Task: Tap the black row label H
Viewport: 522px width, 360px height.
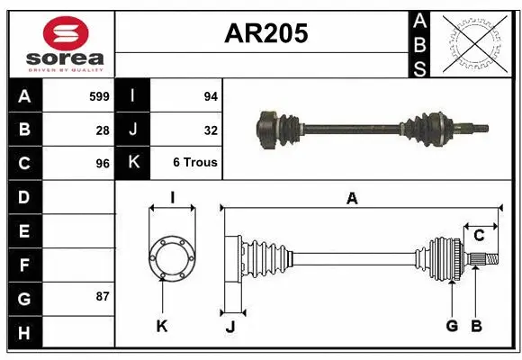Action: click(24, 333)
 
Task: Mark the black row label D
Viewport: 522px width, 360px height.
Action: click(24, 196)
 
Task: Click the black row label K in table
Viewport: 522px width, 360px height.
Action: click(133, 164)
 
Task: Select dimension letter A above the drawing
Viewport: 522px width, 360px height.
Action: click(352, 199)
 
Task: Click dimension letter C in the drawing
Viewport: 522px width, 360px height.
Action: click(479, 236)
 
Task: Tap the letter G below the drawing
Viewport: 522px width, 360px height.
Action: click(452, 326)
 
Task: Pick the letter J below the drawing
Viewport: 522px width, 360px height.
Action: click(229, 327)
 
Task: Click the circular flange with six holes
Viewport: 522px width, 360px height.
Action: click(172, 258)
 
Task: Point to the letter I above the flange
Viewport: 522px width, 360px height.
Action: click(171, 198)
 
